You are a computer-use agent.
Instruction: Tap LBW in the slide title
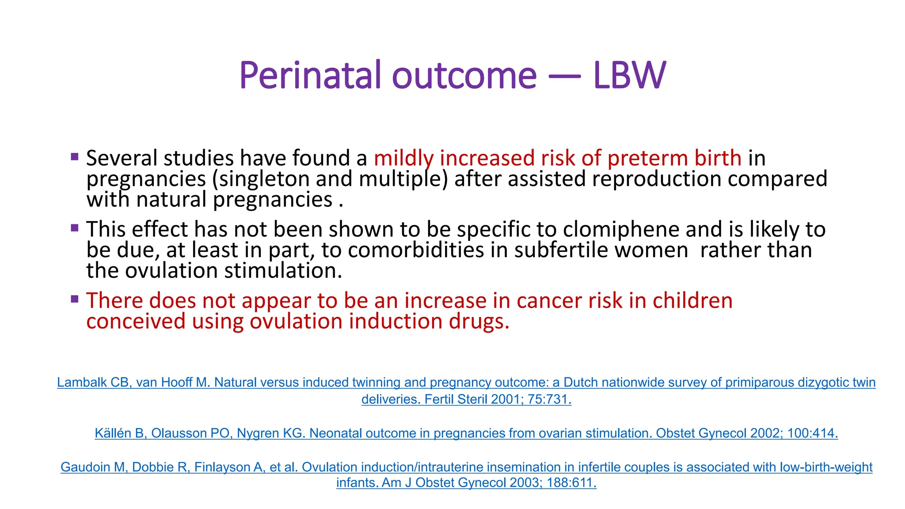point(629,75)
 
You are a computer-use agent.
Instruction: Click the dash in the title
point(564,76)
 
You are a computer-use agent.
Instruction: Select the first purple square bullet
point(75,156)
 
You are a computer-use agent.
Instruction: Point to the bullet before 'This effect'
point(75,228)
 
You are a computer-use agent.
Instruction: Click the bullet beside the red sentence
point(75,299)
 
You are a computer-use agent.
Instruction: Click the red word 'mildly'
point(403,158)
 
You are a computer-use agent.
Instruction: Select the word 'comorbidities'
point(415,250)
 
